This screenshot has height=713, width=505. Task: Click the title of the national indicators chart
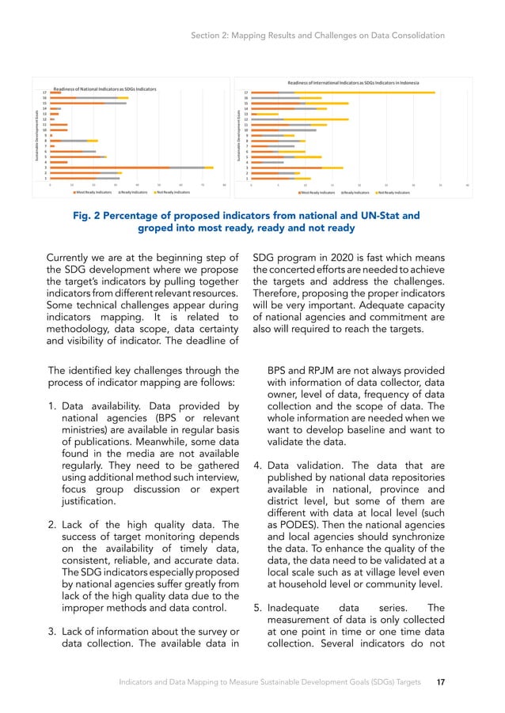(104, 89)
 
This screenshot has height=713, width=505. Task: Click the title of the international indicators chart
(352, 82)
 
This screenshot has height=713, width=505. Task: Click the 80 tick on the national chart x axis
(224, 186)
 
